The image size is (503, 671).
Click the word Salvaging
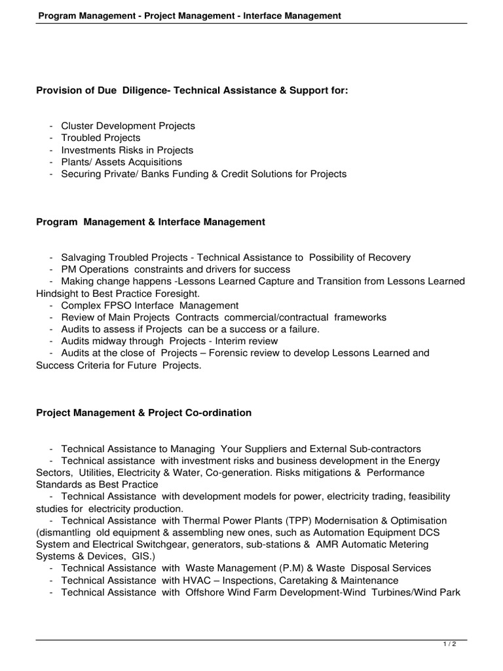click(83, 258)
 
